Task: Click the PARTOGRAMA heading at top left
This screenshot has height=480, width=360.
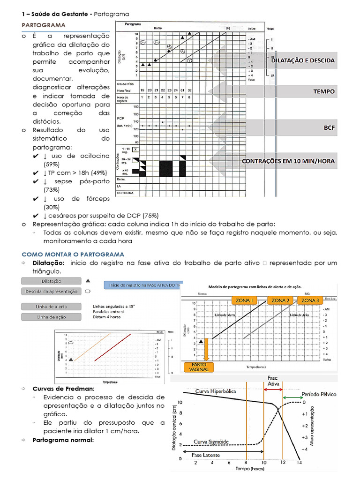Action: pos(44,25)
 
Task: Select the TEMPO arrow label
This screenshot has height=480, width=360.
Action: pos(324,91)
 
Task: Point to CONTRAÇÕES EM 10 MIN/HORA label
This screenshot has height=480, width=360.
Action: pos(288,161)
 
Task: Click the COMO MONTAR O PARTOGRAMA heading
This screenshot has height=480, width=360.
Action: pos(73,254)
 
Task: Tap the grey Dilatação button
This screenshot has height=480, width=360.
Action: pos(51,281)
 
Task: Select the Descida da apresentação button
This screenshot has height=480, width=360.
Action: pos(51,291)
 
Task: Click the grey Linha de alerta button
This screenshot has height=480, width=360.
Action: pos(51,307)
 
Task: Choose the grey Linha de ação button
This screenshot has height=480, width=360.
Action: pos(51,317)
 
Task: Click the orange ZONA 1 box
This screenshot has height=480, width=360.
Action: pos(245,300)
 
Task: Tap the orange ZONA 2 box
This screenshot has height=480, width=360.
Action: pos(280,300)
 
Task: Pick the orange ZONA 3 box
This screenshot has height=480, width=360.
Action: pos(310,300)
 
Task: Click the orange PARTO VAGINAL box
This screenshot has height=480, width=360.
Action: pos(199,367)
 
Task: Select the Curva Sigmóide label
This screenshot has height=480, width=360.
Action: pos(211,442)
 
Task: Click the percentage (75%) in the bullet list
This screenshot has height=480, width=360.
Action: pos(150,216)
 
